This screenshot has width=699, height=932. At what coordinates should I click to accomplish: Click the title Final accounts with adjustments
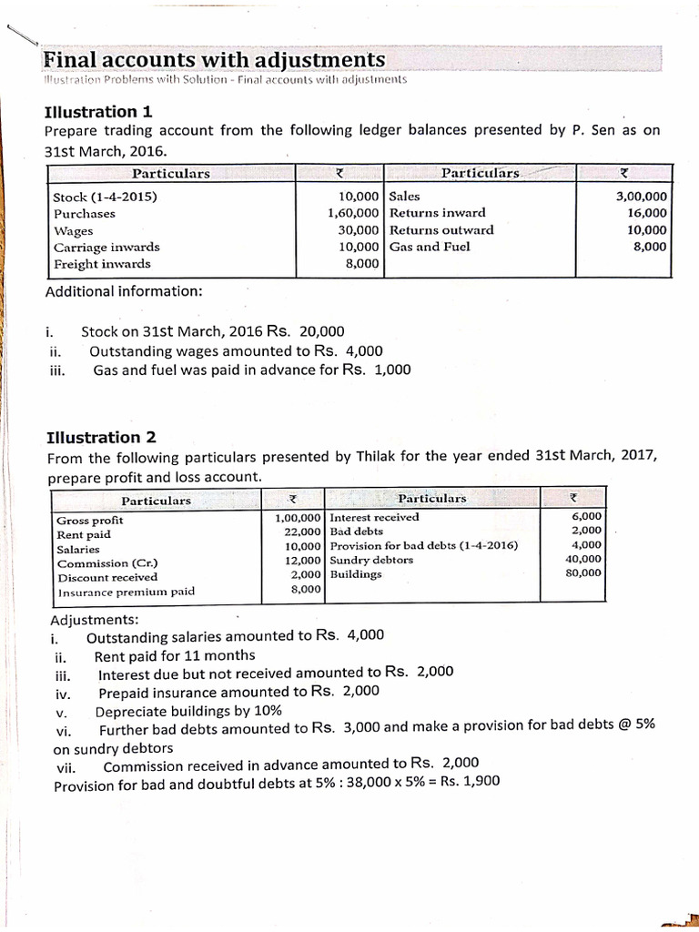tap(214, 60)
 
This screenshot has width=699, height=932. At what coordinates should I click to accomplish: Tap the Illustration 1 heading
tap(98, 112)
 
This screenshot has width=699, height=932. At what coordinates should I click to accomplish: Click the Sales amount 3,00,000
tap(641, 197)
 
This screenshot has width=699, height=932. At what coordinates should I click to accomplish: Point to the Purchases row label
tap(85, 214)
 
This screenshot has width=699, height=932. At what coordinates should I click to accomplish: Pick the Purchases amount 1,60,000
tap(353, 214)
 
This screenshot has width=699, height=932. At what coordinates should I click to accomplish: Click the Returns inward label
tap(437, 213)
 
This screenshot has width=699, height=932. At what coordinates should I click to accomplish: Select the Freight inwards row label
tap(102, 264)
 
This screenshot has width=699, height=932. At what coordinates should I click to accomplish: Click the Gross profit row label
tap(90, 521)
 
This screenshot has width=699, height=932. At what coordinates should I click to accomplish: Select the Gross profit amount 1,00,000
tap(298, 517)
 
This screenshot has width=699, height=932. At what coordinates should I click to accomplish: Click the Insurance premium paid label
tap(127, 592)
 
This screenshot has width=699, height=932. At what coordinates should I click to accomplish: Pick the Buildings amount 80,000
tap(583, 573)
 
